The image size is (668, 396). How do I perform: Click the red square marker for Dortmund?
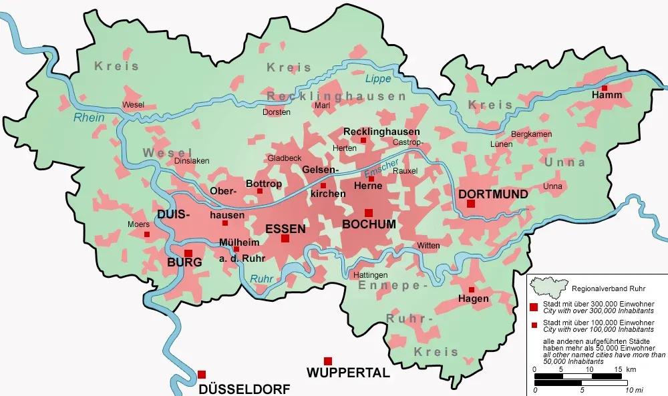tap(471, 203)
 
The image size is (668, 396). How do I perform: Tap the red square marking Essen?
tap(285, 238)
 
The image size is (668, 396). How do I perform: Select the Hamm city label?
tap(607, 95)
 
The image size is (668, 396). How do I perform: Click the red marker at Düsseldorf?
tap(202, 375)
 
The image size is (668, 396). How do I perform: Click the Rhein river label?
tap(89, 118)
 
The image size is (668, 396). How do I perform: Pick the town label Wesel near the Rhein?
tap(133, 105)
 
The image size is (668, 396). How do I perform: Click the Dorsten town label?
tap(277, 112)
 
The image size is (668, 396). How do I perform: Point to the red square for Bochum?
tap(369, 213)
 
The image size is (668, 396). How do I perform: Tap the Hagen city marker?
tap(472, 290)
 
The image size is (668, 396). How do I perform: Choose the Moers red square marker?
tap(147, 234)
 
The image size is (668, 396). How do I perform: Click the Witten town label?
tap(428, 246)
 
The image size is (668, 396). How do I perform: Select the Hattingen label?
tap(369, 275)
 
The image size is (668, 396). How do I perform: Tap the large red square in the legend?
tap(534, 307)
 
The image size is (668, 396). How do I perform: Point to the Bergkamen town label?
tap(531, 135)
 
